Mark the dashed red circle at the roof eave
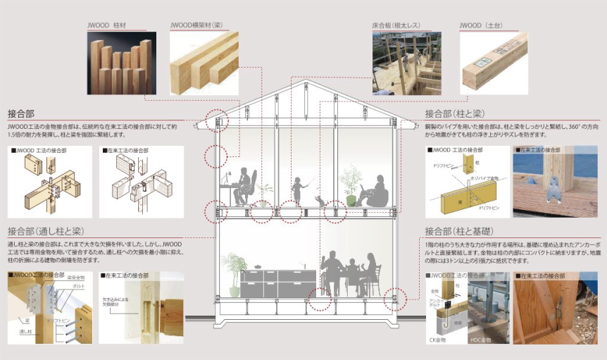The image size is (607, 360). point(217,118)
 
